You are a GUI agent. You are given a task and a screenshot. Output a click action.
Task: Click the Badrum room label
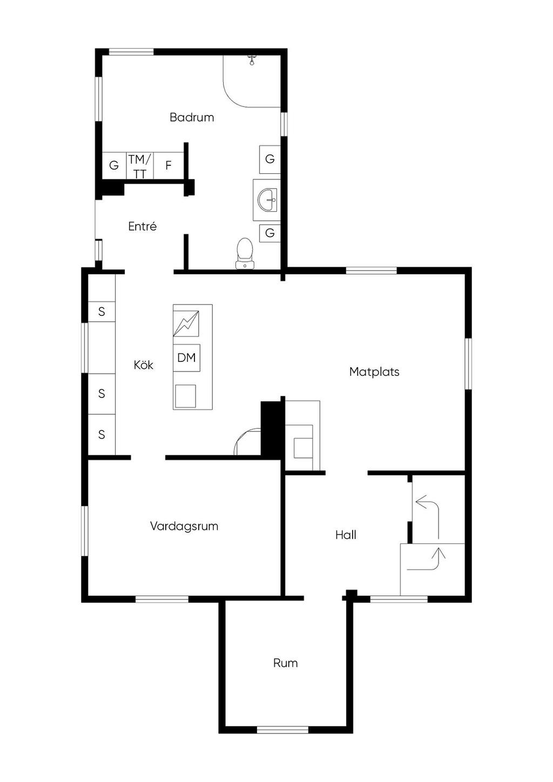tap(192, 117)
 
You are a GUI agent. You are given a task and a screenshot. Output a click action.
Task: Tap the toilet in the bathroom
tap(245, 253)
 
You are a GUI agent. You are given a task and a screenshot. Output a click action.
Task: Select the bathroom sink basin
tap(267, 200)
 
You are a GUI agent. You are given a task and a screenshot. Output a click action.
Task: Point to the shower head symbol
tap(251, 60)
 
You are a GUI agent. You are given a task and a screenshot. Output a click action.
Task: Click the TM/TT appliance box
tap(140, 166)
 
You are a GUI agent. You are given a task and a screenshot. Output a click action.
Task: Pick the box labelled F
tap(168, 166)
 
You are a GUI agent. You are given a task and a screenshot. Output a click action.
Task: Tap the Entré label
tap(142, 227)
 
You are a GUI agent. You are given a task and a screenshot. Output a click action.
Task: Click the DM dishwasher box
tap(187, 358)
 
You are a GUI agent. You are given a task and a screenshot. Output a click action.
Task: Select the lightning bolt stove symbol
tap(186, 323)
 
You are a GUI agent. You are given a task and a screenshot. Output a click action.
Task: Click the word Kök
tap(144, 365)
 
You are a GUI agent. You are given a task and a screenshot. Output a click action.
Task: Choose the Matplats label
tap(374, 372)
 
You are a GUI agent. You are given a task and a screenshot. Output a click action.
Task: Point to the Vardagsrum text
tap(184, 526)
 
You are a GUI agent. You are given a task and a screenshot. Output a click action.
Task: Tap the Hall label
tap(346, 535)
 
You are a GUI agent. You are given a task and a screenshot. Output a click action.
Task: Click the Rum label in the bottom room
tap(285, 663)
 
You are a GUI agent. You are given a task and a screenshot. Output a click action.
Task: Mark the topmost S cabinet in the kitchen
tap(102, 312)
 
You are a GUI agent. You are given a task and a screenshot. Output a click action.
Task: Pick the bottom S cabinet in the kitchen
tap(102, 435)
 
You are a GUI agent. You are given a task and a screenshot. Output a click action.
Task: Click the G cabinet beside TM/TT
tap(114, 166)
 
